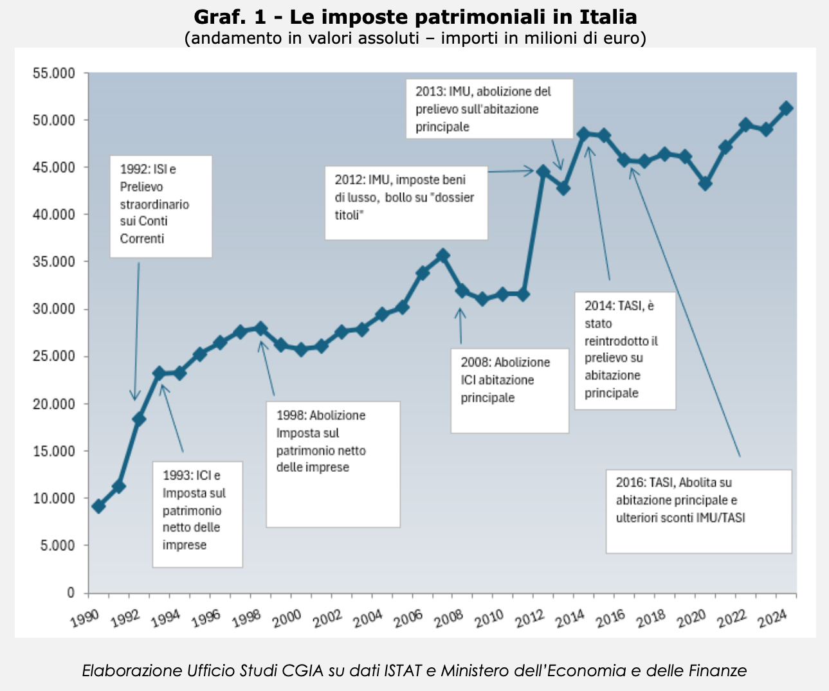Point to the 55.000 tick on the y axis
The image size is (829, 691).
coord(54,73)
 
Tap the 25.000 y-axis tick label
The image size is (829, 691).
coord(54,357)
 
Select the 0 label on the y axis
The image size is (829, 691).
coord(71,593)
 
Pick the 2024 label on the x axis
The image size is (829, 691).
coord(772,618)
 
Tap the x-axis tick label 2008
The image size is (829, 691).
coord(448,618)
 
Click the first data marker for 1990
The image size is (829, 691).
coord(98,507)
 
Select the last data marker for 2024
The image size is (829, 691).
coord(786,108)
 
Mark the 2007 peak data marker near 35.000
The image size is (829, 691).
coord(442,256)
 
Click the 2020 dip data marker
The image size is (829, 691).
coord(705,184)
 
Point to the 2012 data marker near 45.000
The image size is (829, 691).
coord(543,172)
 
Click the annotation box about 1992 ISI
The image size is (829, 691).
coord(161,206)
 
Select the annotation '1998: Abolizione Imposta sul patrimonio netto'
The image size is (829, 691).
coord(333,463)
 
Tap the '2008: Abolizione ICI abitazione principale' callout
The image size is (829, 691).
coord(509,390)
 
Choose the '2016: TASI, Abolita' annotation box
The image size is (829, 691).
coord(698,511)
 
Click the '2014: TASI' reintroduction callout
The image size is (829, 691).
coord(625,350)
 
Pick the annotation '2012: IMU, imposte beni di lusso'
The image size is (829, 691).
coord(406,203)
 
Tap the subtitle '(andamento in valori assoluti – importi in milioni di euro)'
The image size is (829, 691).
coord(415,38)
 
